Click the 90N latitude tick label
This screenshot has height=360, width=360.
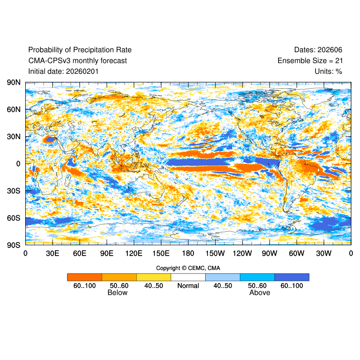point(13,83)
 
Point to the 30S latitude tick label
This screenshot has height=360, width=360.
point(13,191)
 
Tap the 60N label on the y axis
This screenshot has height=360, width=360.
point(13,109)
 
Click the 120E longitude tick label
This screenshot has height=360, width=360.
point(134,253)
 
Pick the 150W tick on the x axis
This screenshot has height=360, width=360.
point(215,253)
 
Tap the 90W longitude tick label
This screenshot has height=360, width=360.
point(269,253)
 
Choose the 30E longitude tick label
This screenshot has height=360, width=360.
point(52,253)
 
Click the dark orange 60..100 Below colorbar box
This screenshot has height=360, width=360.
point(85,277)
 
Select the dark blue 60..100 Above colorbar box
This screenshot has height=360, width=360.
point(292,277)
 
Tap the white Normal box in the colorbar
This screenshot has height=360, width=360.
point(188,277)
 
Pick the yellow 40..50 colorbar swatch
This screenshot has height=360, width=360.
point(153,277)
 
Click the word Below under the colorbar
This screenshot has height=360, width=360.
point(117,293)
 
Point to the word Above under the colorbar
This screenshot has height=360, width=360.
point(260,293)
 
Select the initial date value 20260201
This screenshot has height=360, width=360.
point(82,71)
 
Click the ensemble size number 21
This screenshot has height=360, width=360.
point(338,60)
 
